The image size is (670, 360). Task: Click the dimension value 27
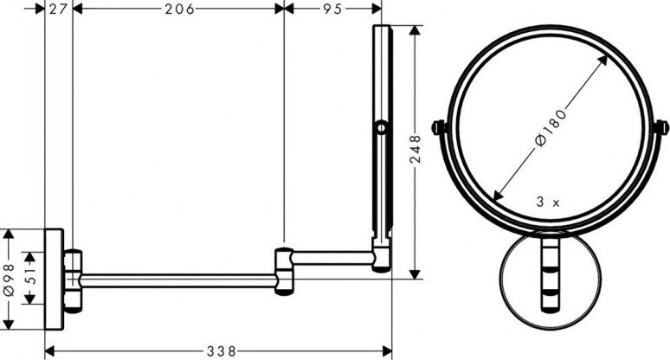tap(59, 9)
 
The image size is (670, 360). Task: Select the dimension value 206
tap(179, 9)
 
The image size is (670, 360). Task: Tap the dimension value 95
tap(332, 9)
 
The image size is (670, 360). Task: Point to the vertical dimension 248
tap(416, 149)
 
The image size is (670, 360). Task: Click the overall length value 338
tap(222, 351)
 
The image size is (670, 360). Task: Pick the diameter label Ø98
tap(9, 280)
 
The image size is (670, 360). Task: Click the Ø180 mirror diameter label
tap(551, 128)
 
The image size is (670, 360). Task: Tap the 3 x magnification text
tap(548, 202)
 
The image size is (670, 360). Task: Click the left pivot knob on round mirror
tap(438, 128)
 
